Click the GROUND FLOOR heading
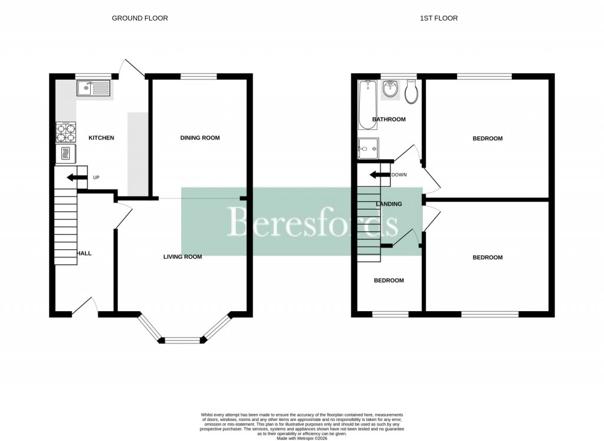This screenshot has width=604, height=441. (x=140, y=18)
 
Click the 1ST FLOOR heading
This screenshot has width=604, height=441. (x=438, y=18)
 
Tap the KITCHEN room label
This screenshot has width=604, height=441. (x=101, y=138)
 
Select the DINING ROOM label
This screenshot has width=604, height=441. (x=199, y=138)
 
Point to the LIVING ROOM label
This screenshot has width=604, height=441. (x=183, y=257)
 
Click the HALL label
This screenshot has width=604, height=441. (x=84, y=253)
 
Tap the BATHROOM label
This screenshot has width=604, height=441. (x=389, y=119)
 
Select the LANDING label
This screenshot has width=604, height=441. (x=389, y=204)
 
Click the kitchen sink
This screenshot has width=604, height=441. (x=93, y=89)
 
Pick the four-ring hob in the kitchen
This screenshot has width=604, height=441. (x=65, y=132)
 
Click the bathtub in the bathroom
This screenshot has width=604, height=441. (x=367, y=104)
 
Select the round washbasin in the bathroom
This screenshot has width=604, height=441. (x=390, y=90)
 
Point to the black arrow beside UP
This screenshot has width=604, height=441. (x=75, y=177)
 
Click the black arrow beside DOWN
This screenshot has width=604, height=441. (x=379, y=175)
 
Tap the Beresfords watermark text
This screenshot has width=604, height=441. (x=313, y=222)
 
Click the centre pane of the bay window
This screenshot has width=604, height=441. (x=183, y=340)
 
